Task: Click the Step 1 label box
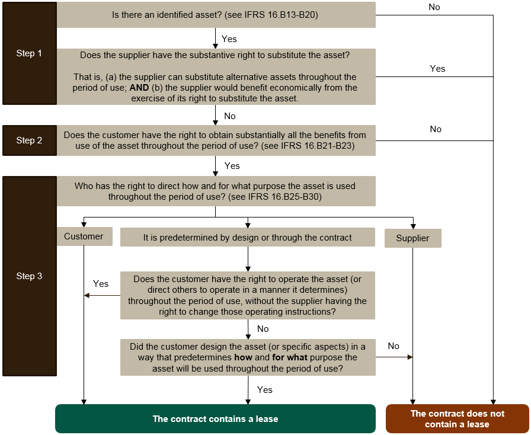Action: [29, 53]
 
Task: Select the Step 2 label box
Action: [29, 140]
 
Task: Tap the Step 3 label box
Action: [29, 276]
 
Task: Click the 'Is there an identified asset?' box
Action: [216, 14]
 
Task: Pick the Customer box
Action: [84, 236]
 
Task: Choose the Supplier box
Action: [412, 238]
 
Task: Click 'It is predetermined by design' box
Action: [247, 238]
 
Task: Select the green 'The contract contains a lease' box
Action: [215, 419]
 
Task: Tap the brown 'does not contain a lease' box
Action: [458, 419]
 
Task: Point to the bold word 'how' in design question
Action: [243, 357]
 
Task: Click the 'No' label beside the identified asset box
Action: [434, 7]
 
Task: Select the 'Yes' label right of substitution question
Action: [437, 69]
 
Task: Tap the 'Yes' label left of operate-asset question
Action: [101, 284]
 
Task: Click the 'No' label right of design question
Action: [394, 346]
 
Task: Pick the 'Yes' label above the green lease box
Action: [265, 390]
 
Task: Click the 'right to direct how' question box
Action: [215, 191]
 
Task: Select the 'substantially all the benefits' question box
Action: [215, 140]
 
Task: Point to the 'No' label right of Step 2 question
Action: [436, 129]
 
